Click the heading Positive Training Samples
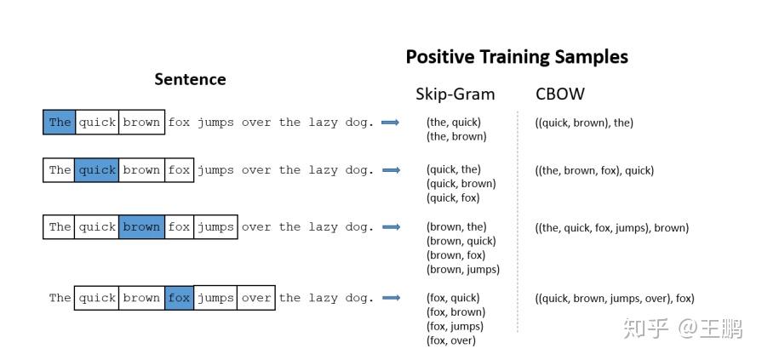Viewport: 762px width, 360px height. click(x=516, y=57)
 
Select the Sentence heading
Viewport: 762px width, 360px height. click(x=190, y=79)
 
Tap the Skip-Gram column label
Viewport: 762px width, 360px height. click(x=455, y=94)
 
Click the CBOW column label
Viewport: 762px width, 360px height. click(x=559, y=94)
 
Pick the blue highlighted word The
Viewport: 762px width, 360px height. click(x=60, y=122)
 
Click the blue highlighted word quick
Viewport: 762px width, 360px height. click(x=96, y=170)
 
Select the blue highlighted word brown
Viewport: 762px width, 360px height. click(x=140, y=227)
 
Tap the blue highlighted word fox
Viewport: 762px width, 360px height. click(x=179, y=298)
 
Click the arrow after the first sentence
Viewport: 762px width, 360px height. click(x=391, y=123)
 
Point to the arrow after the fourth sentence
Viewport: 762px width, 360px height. click(x=391, y=298)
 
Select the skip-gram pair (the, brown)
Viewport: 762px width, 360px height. click(x=456, y=136)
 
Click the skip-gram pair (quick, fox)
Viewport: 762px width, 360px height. click(x=453, y=198)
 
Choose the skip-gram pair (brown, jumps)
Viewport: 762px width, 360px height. click(x=463, y=270)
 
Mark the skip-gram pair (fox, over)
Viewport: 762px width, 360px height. click(x=451, y=340)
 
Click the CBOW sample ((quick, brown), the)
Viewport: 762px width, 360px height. click(x=584, y=123)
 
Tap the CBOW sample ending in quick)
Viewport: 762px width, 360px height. click(x=594, y=170)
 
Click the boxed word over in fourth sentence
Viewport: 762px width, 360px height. click(x=255, y=298)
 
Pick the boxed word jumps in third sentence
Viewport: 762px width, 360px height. click(x=215, y=227)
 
